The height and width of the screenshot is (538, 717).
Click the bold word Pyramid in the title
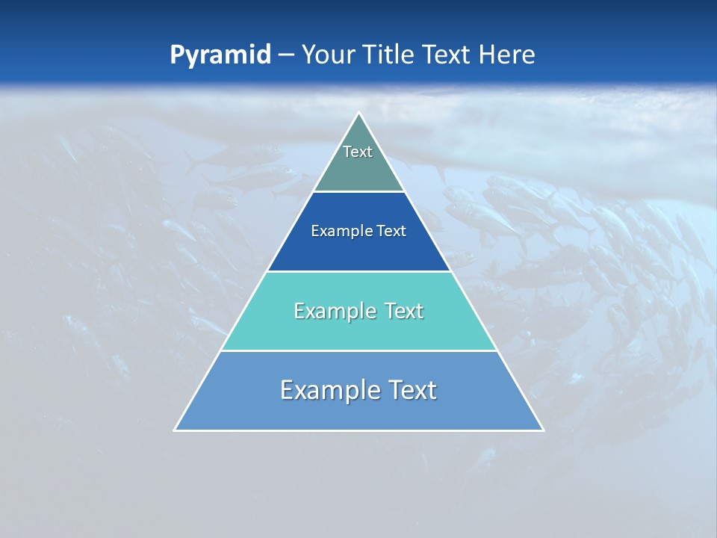(x=220, y=55)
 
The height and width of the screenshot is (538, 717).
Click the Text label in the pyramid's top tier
(x=358, y=152)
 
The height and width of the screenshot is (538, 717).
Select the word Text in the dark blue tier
(x=392, y=231)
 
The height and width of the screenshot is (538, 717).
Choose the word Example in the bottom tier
(x=328, y=390)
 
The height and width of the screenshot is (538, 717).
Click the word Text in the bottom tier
(x=409, y=390)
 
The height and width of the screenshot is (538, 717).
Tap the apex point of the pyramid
(x=359, y=114)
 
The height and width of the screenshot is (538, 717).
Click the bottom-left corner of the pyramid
(x=176, y=430)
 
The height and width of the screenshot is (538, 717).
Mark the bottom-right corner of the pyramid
(x=542, y=430)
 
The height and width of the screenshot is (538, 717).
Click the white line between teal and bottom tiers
(x=359, y=350)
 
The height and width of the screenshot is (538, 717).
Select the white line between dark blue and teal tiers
(x=359, y=271)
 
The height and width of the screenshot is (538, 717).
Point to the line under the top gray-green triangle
(x=359, y=192)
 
